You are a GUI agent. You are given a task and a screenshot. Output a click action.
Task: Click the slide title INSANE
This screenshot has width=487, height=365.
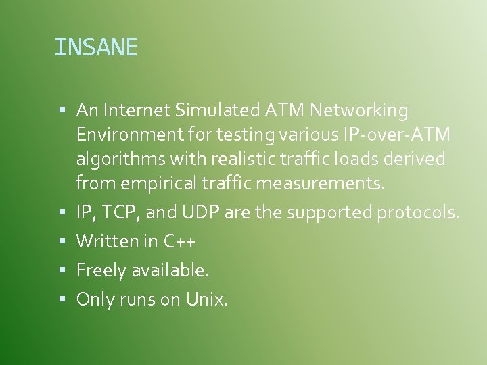(95, 47)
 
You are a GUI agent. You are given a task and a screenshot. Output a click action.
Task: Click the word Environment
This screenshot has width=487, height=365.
(128, 135)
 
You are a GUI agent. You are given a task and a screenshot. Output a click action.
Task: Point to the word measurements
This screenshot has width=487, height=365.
(329, 182)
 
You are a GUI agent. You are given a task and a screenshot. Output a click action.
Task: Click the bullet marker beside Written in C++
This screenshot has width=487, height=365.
(62, 241)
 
